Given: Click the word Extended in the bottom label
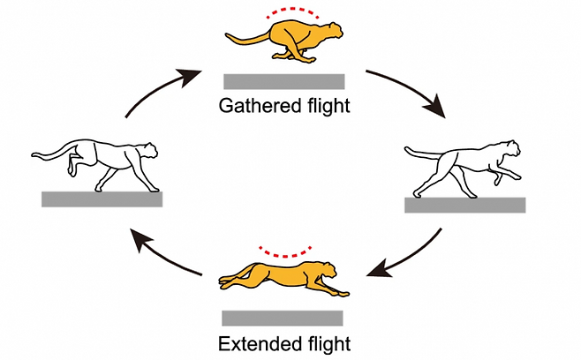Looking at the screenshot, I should pos(256,342).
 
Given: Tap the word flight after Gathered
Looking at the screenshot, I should pos(326,107).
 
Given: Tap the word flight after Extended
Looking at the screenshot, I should pos(326,342).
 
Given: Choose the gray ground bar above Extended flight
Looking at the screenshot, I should pos(282,318).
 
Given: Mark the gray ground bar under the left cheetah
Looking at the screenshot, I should pos(102,199).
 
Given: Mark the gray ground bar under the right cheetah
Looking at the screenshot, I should pos(464,205).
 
